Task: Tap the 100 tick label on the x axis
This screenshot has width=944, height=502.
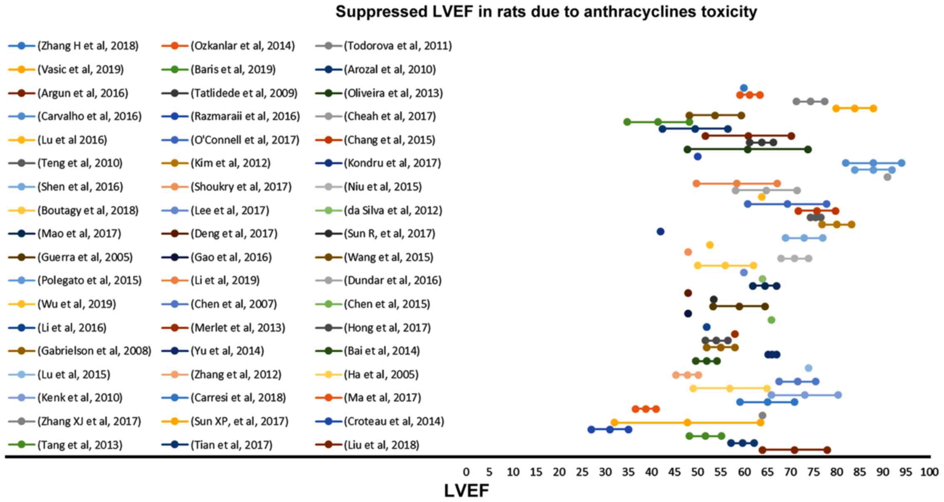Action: tap(929, 472)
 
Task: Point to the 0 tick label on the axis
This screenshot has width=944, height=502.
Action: tap(466, 472)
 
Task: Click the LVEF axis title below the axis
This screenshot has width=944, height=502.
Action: tap(466, 491)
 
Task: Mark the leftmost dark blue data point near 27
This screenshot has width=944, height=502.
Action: tap(591, 430)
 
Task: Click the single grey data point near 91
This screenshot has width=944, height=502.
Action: tap(887, 177)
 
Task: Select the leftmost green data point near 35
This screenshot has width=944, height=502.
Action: tap(627, 122)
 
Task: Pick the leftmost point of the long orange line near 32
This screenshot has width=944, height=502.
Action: tap(614, 422)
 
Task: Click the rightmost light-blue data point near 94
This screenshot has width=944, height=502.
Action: tap(902, 163)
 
